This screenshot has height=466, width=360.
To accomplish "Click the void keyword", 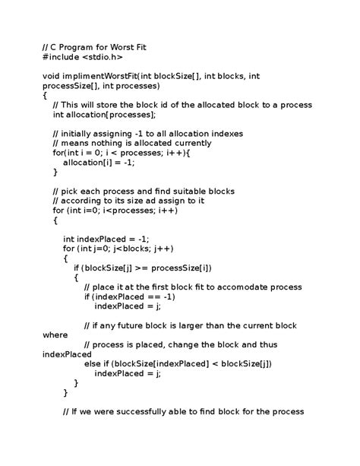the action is [x=52, y=76].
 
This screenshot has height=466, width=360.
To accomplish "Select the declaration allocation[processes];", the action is [x=118, y=115].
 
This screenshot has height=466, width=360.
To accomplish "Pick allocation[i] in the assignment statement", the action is [x=87, y=162].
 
